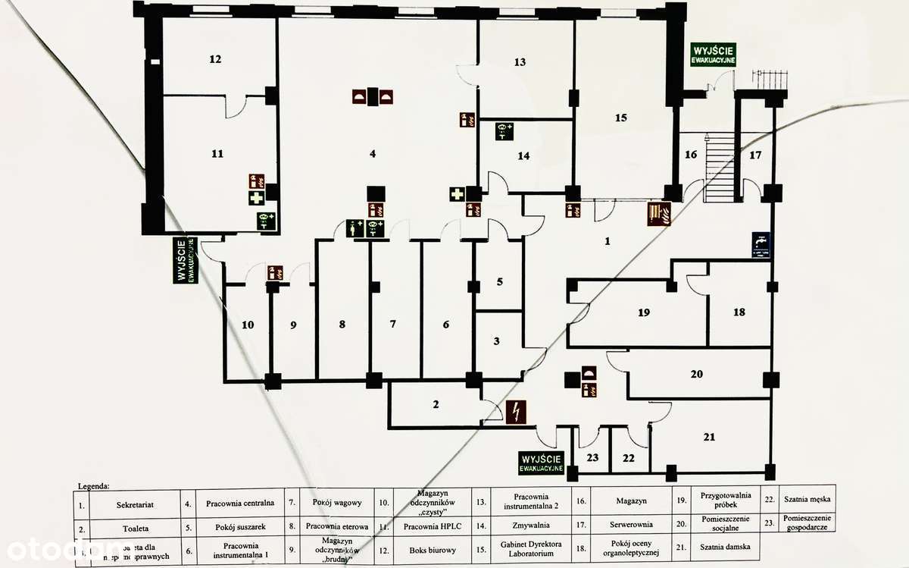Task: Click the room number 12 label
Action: tap(215, 59)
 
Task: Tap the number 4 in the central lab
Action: tap(373, 154)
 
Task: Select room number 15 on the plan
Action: tap(621, 118)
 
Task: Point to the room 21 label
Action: tap(709, 437)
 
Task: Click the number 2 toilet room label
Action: tap(436, 404)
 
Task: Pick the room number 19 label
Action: tap(644, 312)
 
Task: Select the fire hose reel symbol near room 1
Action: tap(658, 213)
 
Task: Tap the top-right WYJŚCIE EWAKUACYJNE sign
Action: tap(713, 54)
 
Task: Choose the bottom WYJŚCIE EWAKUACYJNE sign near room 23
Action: tap(542, 463)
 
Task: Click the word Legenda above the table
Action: tap(94, 484)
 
